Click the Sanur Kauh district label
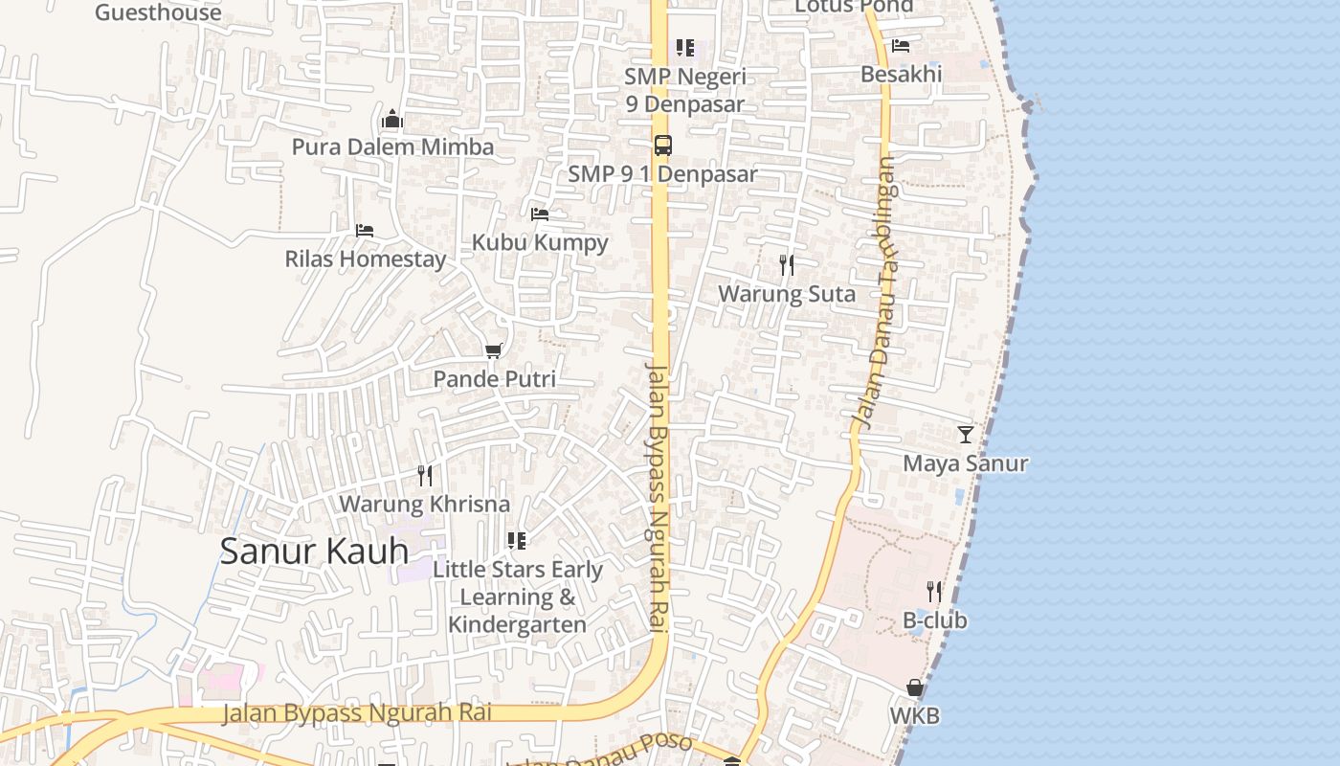click(x=314, y=552)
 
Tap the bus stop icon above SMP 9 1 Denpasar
click(x=662, y=146)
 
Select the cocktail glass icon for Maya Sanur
click(x=966, y=435)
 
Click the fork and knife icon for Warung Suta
click(x=787, y=265)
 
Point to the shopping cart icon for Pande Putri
click(x=494, y=351)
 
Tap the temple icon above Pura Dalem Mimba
click(x=392, y=120)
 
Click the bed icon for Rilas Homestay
click(x=365, y=231)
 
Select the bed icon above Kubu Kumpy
click(x=540, y=214)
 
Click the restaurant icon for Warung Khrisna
click(x=425, y=476)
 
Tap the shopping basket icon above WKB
click(x=915, y=687)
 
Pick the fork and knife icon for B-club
click(x=934, y=592)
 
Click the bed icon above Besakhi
click(x=901, y=46)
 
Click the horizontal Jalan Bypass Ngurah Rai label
click(x=357, y=713)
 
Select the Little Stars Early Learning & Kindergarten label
click(x=518, y=597)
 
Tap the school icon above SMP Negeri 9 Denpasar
click(x=685, y=48)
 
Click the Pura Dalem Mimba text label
click(x=392, y=147)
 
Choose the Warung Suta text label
click(x=787, y=294)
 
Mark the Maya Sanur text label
click(x=966, y=463)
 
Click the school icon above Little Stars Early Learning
click(x=517, y=541)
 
